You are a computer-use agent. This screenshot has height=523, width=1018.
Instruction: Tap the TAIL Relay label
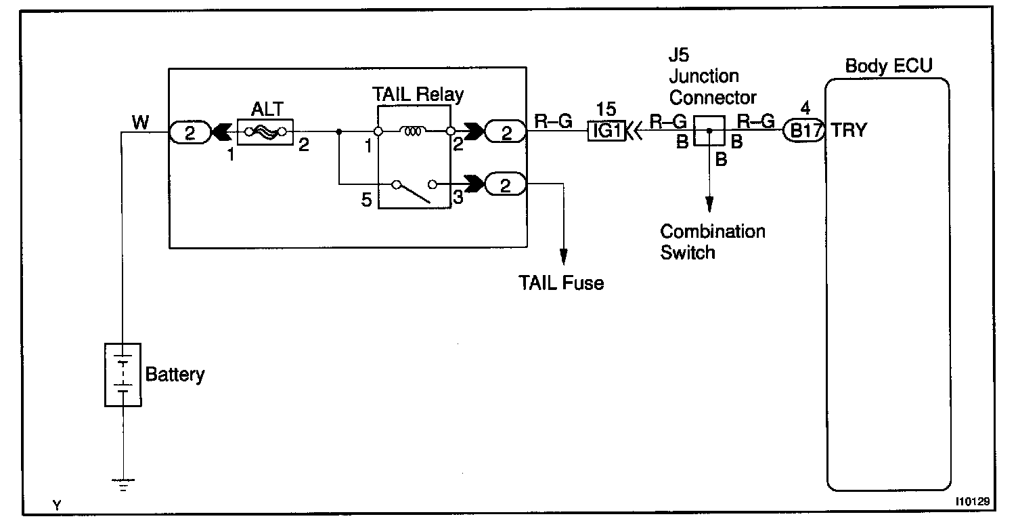point(419,94)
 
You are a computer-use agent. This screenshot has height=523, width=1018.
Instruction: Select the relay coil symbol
point(413,131)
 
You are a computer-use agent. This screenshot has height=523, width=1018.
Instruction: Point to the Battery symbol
point(123,375)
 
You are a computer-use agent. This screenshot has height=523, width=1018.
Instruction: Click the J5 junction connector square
point(709,131)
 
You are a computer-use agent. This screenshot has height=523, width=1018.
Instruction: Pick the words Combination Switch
point(712,241)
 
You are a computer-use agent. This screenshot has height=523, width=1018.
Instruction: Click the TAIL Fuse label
point(561,283)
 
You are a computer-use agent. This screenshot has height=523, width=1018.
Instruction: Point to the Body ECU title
point(889,66)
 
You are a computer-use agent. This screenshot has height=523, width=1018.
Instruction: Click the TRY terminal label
point(849,131)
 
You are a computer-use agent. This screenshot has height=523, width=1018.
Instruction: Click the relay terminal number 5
point(367,201)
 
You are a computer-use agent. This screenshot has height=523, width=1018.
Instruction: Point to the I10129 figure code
point(973,503)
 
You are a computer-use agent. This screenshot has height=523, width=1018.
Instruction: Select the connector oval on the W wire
point(190,131)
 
